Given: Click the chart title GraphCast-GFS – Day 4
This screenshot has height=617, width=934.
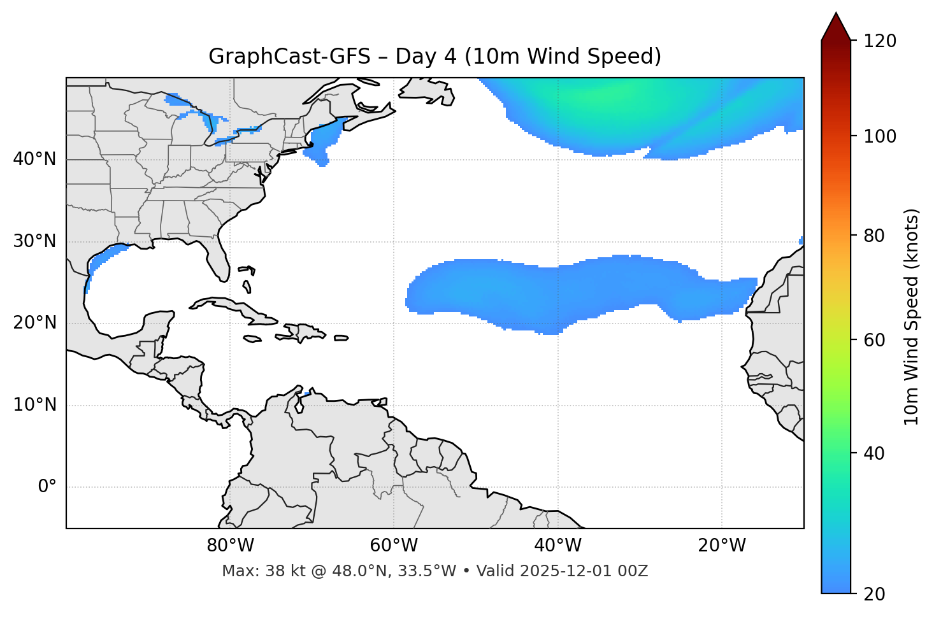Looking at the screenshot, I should coord(435,57).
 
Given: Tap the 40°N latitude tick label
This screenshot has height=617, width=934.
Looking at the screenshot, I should coord(34,159).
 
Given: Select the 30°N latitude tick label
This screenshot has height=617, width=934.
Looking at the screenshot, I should coord(34,241).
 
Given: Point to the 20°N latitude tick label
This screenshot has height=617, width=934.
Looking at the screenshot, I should coord(34,323).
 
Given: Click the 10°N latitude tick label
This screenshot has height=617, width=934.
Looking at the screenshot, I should coord(34,405).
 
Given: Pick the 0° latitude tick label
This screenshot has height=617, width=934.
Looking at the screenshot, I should coord(47,487).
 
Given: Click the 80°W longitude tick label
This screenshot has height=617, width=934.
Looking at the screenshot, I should coord(230,546).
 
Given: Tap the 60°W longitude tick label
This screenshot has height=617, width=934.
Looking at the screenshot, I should coord(394,546).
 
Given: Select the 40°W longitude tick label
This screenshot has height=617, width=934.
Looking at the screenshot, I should coord(557,546).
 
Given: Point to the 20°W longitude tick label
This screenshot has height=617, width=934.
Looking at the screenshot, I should coord(721,546).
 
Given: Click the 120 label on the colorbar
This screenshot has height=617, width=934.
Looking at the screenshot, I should coord(880,41).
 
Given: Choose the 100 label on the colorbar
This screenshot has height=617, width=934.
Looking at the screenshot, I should coord(880,136).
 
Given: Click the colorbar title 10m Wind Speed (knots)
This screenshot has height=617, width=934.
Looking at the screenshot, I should coord(912,316).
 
